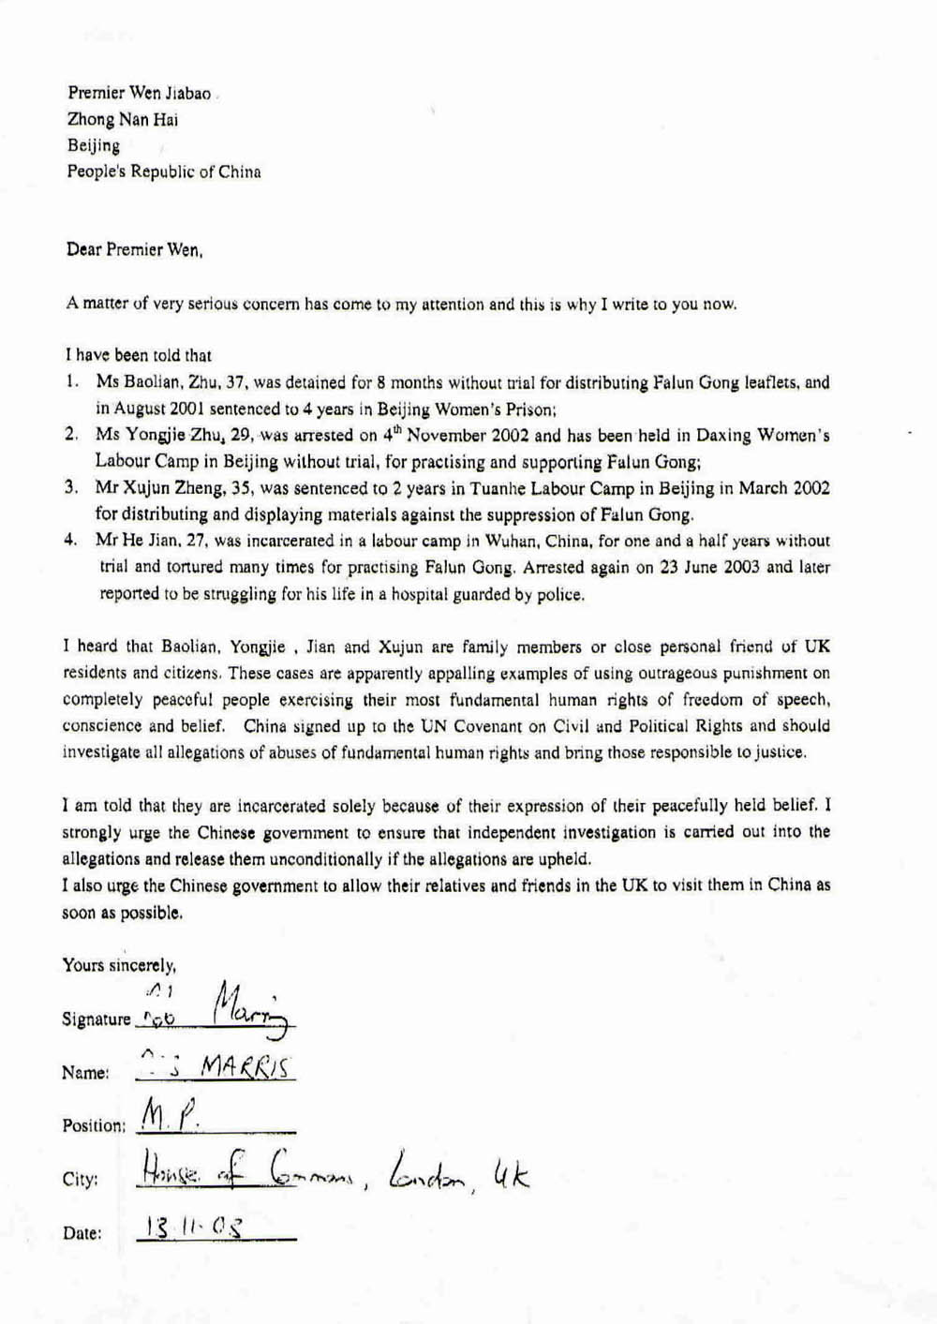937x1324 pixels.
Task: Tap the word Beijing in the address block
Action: click(93, 145)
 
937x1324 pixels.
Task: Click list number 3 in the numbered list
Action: click(70, 488)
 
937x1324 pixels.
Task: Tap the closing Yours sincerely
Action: click(119, 964)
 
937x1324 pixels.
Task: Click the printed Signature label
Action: click(97, 1019)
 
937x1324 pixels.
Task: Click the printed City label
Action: click(80, 1180)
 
